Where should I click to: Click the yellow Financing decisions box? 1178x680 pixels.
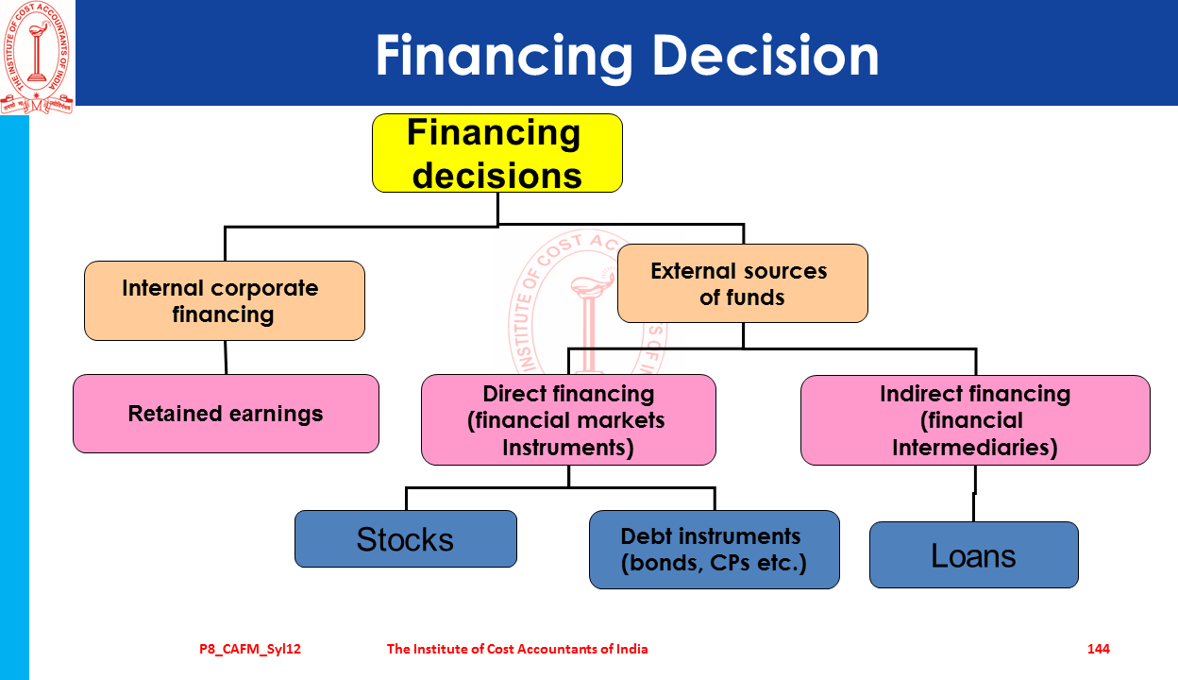(496, 153)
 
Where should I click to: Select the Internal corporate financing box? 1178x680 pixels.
(225, 300)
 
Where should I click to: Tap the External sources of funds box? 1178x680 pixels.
(743, 283)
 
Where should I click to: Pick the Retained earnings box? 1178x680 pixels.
(227, 414)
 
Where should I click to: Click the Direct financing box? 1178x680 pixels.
(568, 420)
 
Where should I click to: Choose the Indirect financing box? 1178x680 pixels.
(976, 420)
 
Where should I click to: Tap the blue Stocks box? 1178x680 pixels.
(406, 539)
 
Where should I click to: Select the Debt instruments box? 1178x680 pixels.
(715, 550)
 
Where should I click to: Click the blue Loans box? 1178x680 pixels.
(974, 554)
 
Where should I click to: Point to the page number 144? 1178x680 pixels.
(1099, 649)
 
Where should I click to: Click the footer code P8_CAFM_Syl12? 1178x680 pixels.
(250, 649)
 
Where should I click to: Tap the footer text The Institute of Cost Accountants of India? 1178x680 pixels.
(517, 649)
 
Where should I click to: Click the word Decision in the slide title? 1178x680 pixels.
(766, 56)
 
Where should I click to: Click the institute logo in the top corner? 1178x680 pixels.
(37, 57)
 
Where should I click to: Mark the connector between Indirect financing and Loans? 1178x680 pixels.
(975, 493)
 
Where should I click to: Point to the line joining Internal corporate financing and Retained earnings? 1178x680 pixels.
(226, 357)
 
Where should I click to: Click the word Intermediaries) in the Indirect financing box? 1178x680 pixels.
(975, 448)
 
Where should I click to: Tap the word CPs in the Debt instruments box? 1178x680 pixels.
(730, 563)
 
